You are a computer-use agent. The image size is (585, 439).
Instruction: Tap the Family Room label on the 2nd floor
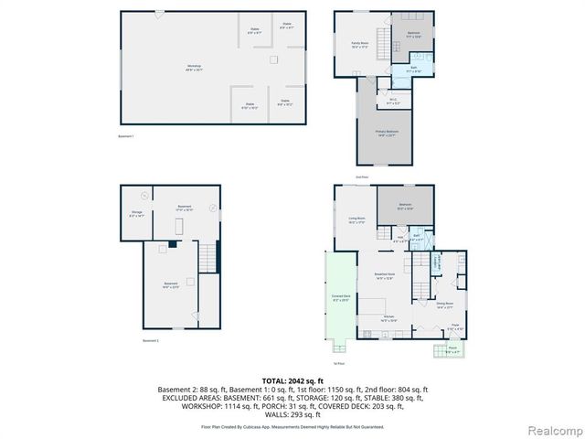(359, 44)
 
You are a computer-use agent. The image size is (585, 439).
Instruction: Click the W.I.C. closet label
(392, 101)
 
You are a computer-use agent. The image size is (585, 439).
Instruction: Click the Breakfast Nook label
(384, 275)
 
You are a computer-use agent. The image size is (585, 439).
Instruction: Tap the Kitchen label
(388, 318)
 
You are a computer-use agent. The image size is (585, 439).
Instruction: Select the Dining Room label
(445, 305)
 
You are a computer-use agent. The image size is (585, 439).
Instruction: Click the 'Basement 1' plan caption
(126, 136)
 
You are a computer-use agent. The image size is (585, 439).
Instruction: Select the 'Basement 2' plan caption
(151, 341)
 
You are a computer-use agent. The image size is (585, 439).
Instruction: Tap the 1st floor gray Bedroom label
(405, 205)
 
